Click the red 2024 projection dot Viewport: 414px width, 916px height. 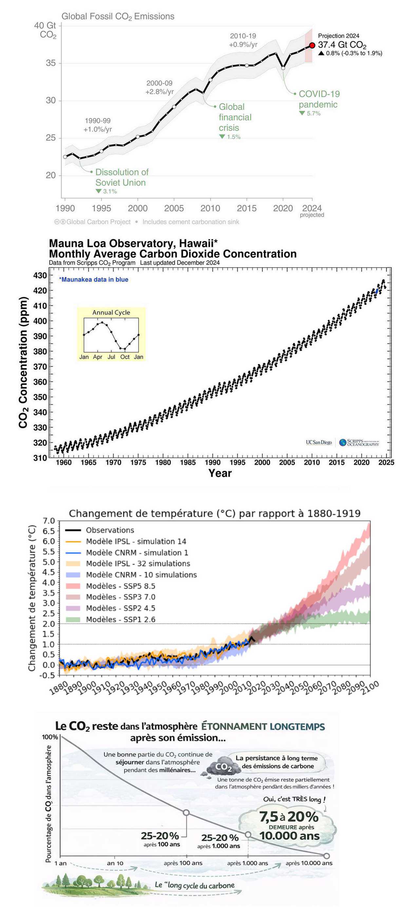312,45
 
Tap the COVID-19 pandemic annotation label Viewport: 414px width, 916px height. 319,99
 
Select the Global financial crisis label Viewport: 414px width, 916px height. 235,117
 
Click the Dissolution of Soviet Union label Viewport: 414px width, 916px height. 122,177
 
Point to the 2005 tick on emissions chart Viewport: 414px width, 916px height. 174,208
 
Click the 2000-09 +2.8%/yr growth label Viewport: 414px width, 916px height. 159,87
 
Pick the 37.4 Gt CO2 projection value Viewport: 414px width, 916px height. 342,45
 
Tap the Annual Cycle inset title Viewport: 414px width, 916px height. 111,312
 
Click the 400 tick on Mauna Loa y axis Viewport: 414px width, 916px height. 40,321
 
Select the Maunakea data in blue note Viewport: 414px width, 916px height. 94,279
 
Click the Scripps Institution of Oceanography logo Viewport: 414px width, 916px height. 359,442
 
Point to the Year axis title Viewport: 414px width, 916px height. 220,473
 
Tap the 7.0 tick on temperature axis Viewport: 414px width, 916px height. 49,521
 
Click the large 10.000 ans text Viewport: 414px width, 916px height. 289,836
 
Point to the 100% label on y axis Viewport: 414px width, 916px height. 50,737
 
